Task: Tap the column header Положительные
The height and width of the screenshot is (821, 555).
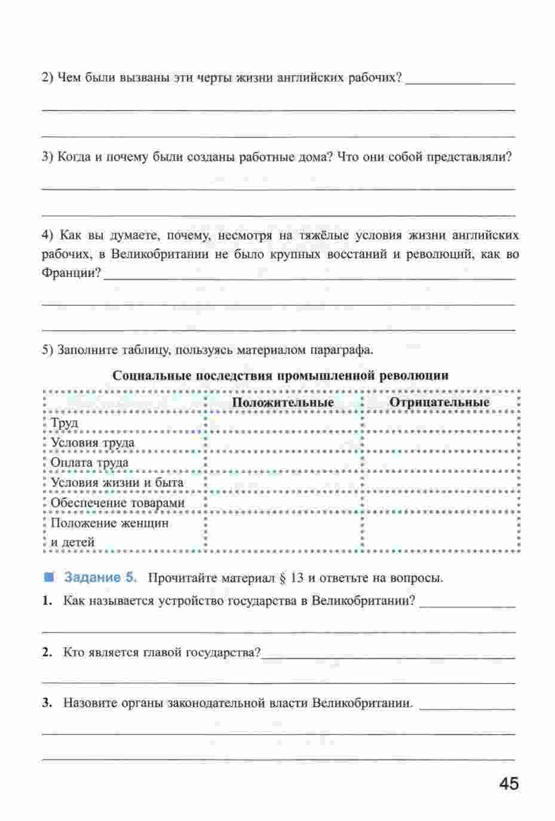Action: point(283,402)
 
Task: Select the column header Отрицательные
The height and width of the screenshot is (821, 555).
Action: point(439,402)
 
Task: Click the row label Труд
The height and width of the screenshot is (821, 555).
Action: point(65,423)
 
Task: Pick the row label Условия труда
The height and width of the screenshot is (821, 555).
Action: point(93,442)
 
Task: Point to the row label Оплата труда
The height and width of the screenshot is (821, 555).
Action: point(90,463)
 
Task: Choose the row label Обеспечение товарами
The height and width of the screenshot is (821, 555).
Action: point(118,503)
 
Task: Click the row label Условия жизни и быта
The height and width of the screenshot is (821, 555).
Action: point(117,482)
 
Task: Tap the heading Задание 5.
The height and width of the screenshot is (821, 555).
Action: point(101,577)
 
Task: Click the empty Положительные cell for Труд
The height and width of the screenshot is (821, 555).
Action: point(283,423)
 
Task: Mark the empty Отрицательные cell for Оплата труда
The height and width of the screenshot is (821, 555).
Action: point(439,463)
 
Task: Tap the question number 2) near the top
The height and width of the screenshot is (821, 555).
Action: point(48,78)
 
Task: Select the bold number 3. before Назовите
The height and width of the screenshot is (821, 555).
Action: point(47,703)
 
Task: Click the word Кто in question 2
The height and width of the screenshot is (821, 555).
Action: point(72,652)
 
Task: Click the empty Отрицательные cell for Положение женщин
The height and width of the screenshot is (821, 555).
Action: point(439,533)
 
